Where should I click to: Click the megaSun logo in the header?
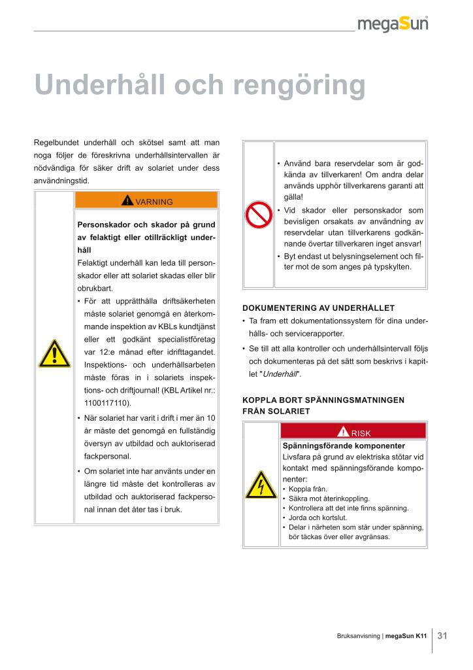tap(402, 24)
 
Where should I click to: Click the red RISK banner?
tap(353, 432)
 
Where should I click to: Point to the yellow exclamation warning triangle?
tap(54, 355)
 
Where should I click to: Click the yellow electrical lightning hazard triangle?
tap(261, 485)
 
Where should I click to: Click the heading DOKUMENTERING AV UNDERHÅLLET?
tap(319, 308)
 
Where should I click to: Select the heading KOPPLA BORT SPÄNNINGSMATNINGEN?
tap(323, 399)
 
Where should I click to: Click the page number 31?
tap(442, 635)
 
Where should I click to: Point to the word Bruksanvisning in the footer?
tap(359, 636)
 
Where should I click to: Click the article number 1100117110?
tap(108, 403)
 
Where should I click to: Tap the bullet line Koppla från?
tap(308, 489)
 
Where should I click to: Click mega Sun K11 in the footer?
tap(406, 636)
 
